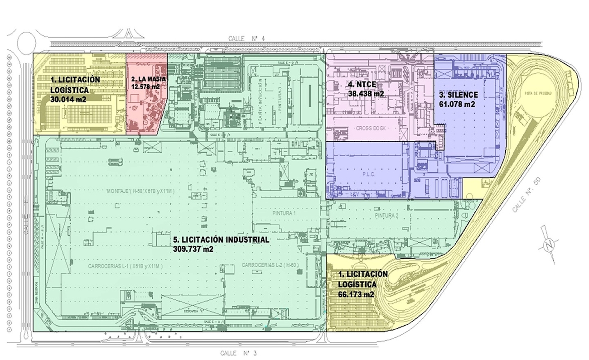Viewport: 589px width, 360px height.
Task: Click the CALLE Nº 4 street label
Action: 249,39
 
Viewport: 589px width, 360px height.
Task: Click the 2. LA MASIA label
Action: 148,79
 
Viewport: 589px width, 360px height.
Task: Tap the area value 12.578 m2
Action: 145,86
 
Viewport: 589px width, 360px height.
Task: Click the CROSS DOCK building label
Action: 370,128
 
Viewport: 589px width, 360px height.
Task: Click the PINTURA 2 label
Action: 386,216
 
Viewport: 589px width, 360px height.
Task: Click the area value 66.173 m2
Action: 356,294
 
